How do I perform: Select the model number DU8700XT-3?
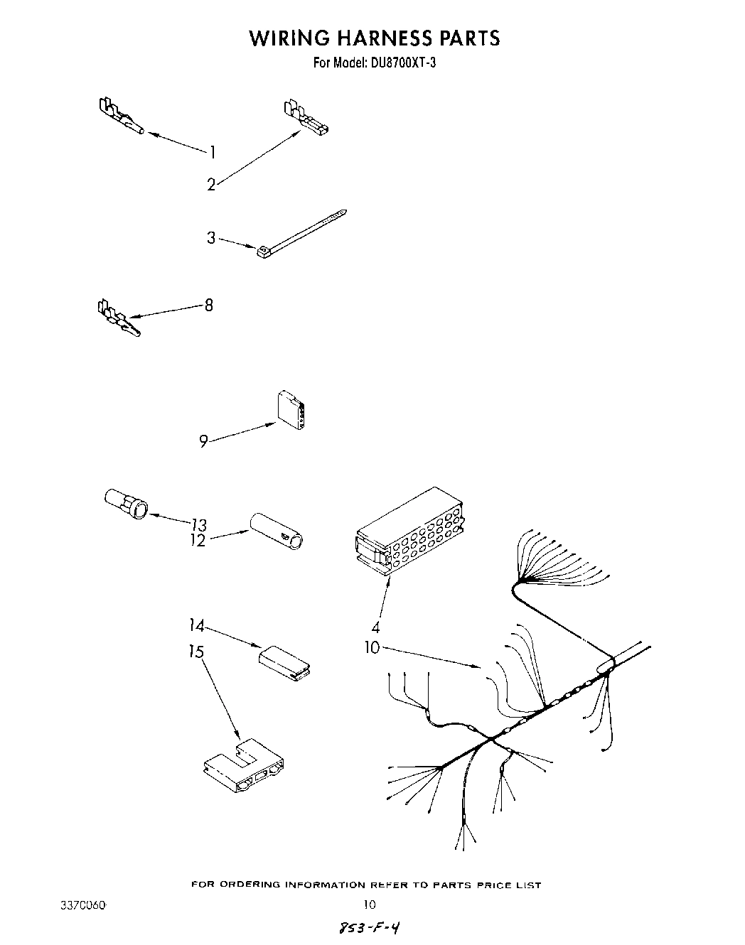point(402,63)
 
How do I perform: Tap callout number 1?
point(211,151)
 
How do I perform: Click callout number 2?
point(211,185)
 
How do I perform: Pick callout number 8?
point(208,306)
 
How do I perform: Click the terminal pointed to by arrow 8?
point(117,318)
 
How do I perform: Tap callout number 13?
point(199,525)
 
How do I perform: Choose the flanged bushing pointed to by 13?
point(126,502)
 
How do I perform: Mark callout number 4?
point(375,627)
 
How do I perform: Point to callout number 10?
point(372,648)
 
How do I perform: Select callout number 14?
point(196,626)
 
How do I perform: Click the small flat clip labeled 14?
point(284,661)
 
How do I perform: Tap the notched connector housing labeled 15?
point(243,767)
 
